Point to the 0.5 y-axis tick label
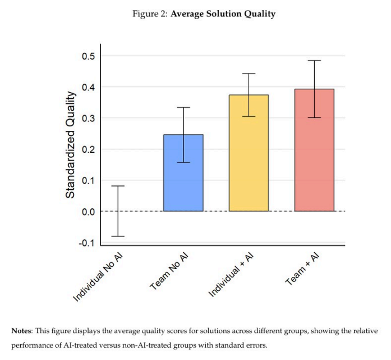[89, 56]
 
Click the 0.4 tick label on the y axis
[89, 87]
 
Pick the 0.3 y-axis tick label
[89, 119]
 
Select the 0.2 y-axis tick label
[89, 149]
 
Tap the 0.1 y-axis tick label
[89, 181]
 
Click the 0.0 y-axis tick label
[89, 212]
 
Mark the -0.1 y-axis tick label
[88, 243]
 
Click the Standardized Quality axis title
[70, 144]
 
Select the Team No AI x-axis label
[169, 271]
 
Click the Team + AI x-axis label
[303, 270]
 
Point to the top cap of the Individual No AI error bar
[118, 186]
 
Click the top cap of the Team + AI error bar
[314, 61]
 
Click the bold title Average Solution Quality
[223, 14]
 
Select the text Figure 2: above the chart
[150, 14]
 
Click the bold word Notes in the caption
[23, 330]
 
